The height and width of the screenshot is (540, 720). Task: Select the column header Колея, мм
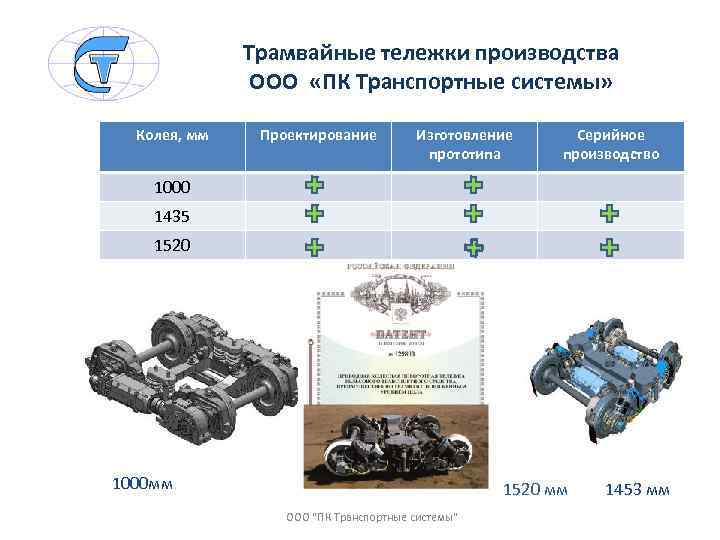pyautogui.click(x=172, y=134)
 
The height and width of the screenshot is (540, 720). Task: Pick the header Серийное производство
pyautogui.click(x=610, y=144)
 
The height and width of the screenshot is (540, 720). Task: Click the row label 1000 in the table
pyautogui.click(x=172, y=187)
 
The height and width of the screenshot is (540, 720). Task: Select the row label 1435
pyautogui.click(x=172, y=216)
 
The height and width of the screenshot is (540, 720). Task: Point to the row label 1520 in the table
pyautogui.click(x=172, y=245)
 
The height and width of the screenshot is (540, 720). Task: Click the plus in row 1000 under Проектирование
pyautogui.click(x=314, y=185)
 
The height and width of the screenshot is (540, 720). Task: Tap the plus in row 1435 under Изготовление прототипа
pyautogui.click(x=474, y=214)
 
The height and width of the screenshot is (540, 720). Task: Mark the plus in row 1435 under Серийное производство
pyautogui.click(x=609, y=214)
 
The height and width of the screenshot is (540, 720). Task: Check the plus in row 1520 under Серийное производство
pyautogui.click(x=609, y=245)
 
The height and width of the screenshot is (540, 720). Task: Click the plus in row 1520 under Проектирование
pyautogui.click(x=314, y=245)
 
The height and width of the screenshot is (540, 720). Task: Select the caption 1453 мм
pyautogui.click(x=637, y=490)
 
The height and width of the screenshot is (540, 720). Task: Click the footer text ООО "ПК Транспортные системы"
pyautogui.click(x=372, y=517)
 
